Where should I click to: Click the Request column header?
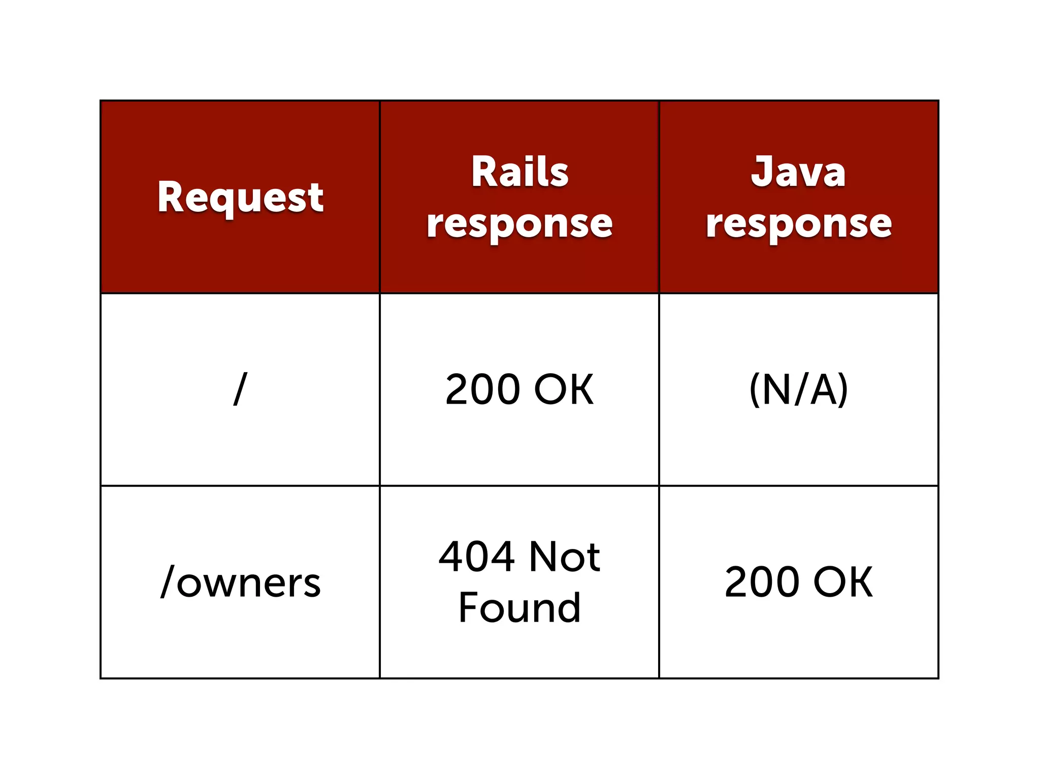[240, 197]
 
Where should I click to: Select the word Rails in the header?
[519, 172]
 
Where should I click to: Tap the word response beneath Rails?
[519, 223]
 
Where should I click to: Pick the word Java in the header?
[798, 172]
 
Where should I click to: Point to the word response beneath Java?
[799, 223]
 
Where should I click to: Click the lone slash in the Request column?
[240, 389]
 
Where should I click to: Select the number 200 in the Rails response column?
[483, 389]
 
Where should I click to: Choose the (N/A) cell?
[799, 389]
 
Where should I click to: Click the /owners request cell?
[240, 582]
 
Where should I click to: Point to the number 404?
[476, 557]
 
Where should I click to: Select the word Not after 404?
[565, 557]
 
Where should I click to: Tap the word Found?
[519, 608]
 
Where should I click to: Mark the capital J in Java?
[762, 171]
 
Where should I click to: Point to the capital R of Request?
[171, 197]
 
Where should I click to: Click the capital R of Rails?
[485, 172]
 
